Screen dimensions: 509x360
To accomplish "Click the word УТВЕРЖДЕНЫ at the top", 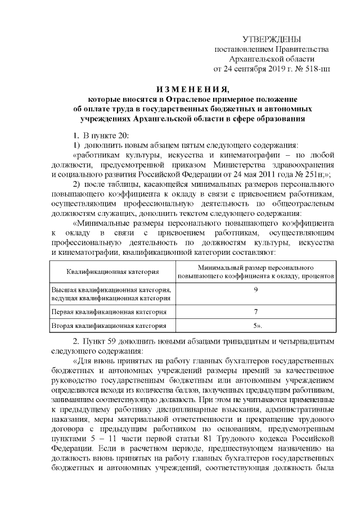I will (271, 39).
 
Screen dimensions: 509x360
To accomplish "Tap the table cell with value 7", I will (255, 311).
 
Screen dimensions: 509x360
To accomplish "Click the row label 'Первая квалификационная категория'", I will (109, 311).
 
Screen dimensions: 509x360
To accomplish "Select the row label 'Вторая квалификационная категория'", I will (108, 325).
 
